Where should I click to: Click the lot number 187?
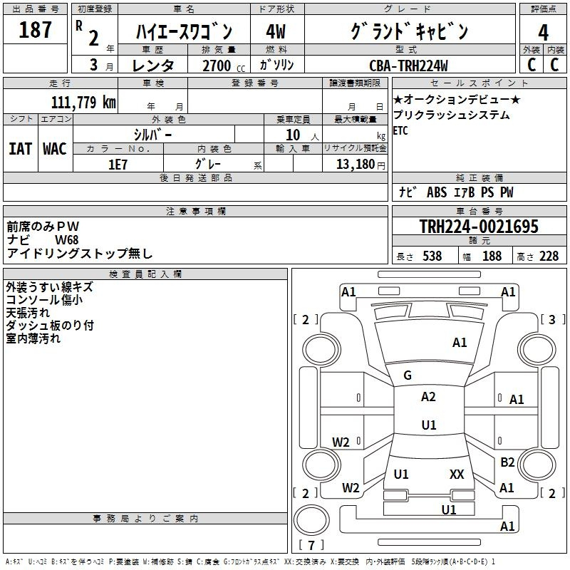point(35,29)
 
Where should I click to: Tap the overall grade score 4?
point(543,32)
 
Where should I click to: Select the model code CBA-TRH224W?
point(408,66)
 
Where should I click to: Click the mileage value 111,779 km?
point(83,103)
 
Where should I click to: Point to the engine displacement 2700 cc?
point(224,66)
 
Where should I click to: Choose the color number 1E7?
point(118,165)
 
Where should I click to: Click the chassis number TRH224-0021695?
point(479,227)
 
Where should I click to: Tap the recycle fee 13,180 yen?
point(361,165)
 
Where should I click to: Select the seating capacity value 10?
point(293,135)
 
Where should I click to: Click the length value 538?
point(432,256)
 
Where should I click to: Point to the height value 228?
point(549,256)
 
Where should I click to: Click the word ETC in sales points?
point(400,130)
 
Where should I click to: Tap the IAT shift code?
point(20,149)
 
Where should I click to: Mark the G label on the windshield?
point(408,375)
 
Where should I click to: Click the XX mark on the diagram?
point(457,474)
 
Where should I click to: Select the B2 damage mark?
point(507,462)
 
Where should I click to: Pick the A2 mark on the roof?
point(428,397)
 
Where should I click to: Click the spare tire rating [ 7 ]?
point(311,545)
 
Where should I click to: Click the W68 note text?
point(66,240)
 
